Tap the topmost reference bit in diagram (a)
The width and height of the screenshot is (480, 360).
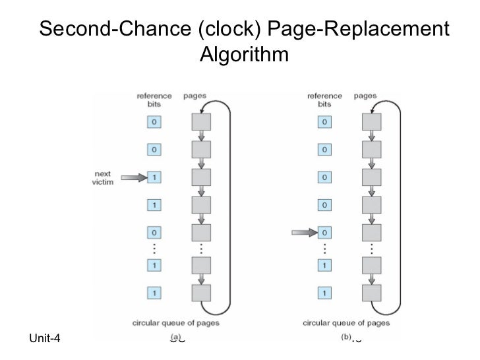[x=153, y=122]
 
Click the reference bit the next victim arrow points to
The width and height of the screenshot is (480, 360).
[x=153, y=177]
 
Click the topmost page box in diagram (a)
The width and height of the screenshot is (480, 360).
[x=200, y=122]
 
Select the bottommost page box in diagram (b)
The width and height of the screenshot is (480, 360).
[x=372, y=291]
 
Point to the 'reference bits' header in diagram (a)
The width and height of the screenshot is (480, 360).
[x=153, y=100]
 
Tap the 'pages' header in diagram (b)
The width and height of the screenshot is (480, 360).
[x=365, y=96]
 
